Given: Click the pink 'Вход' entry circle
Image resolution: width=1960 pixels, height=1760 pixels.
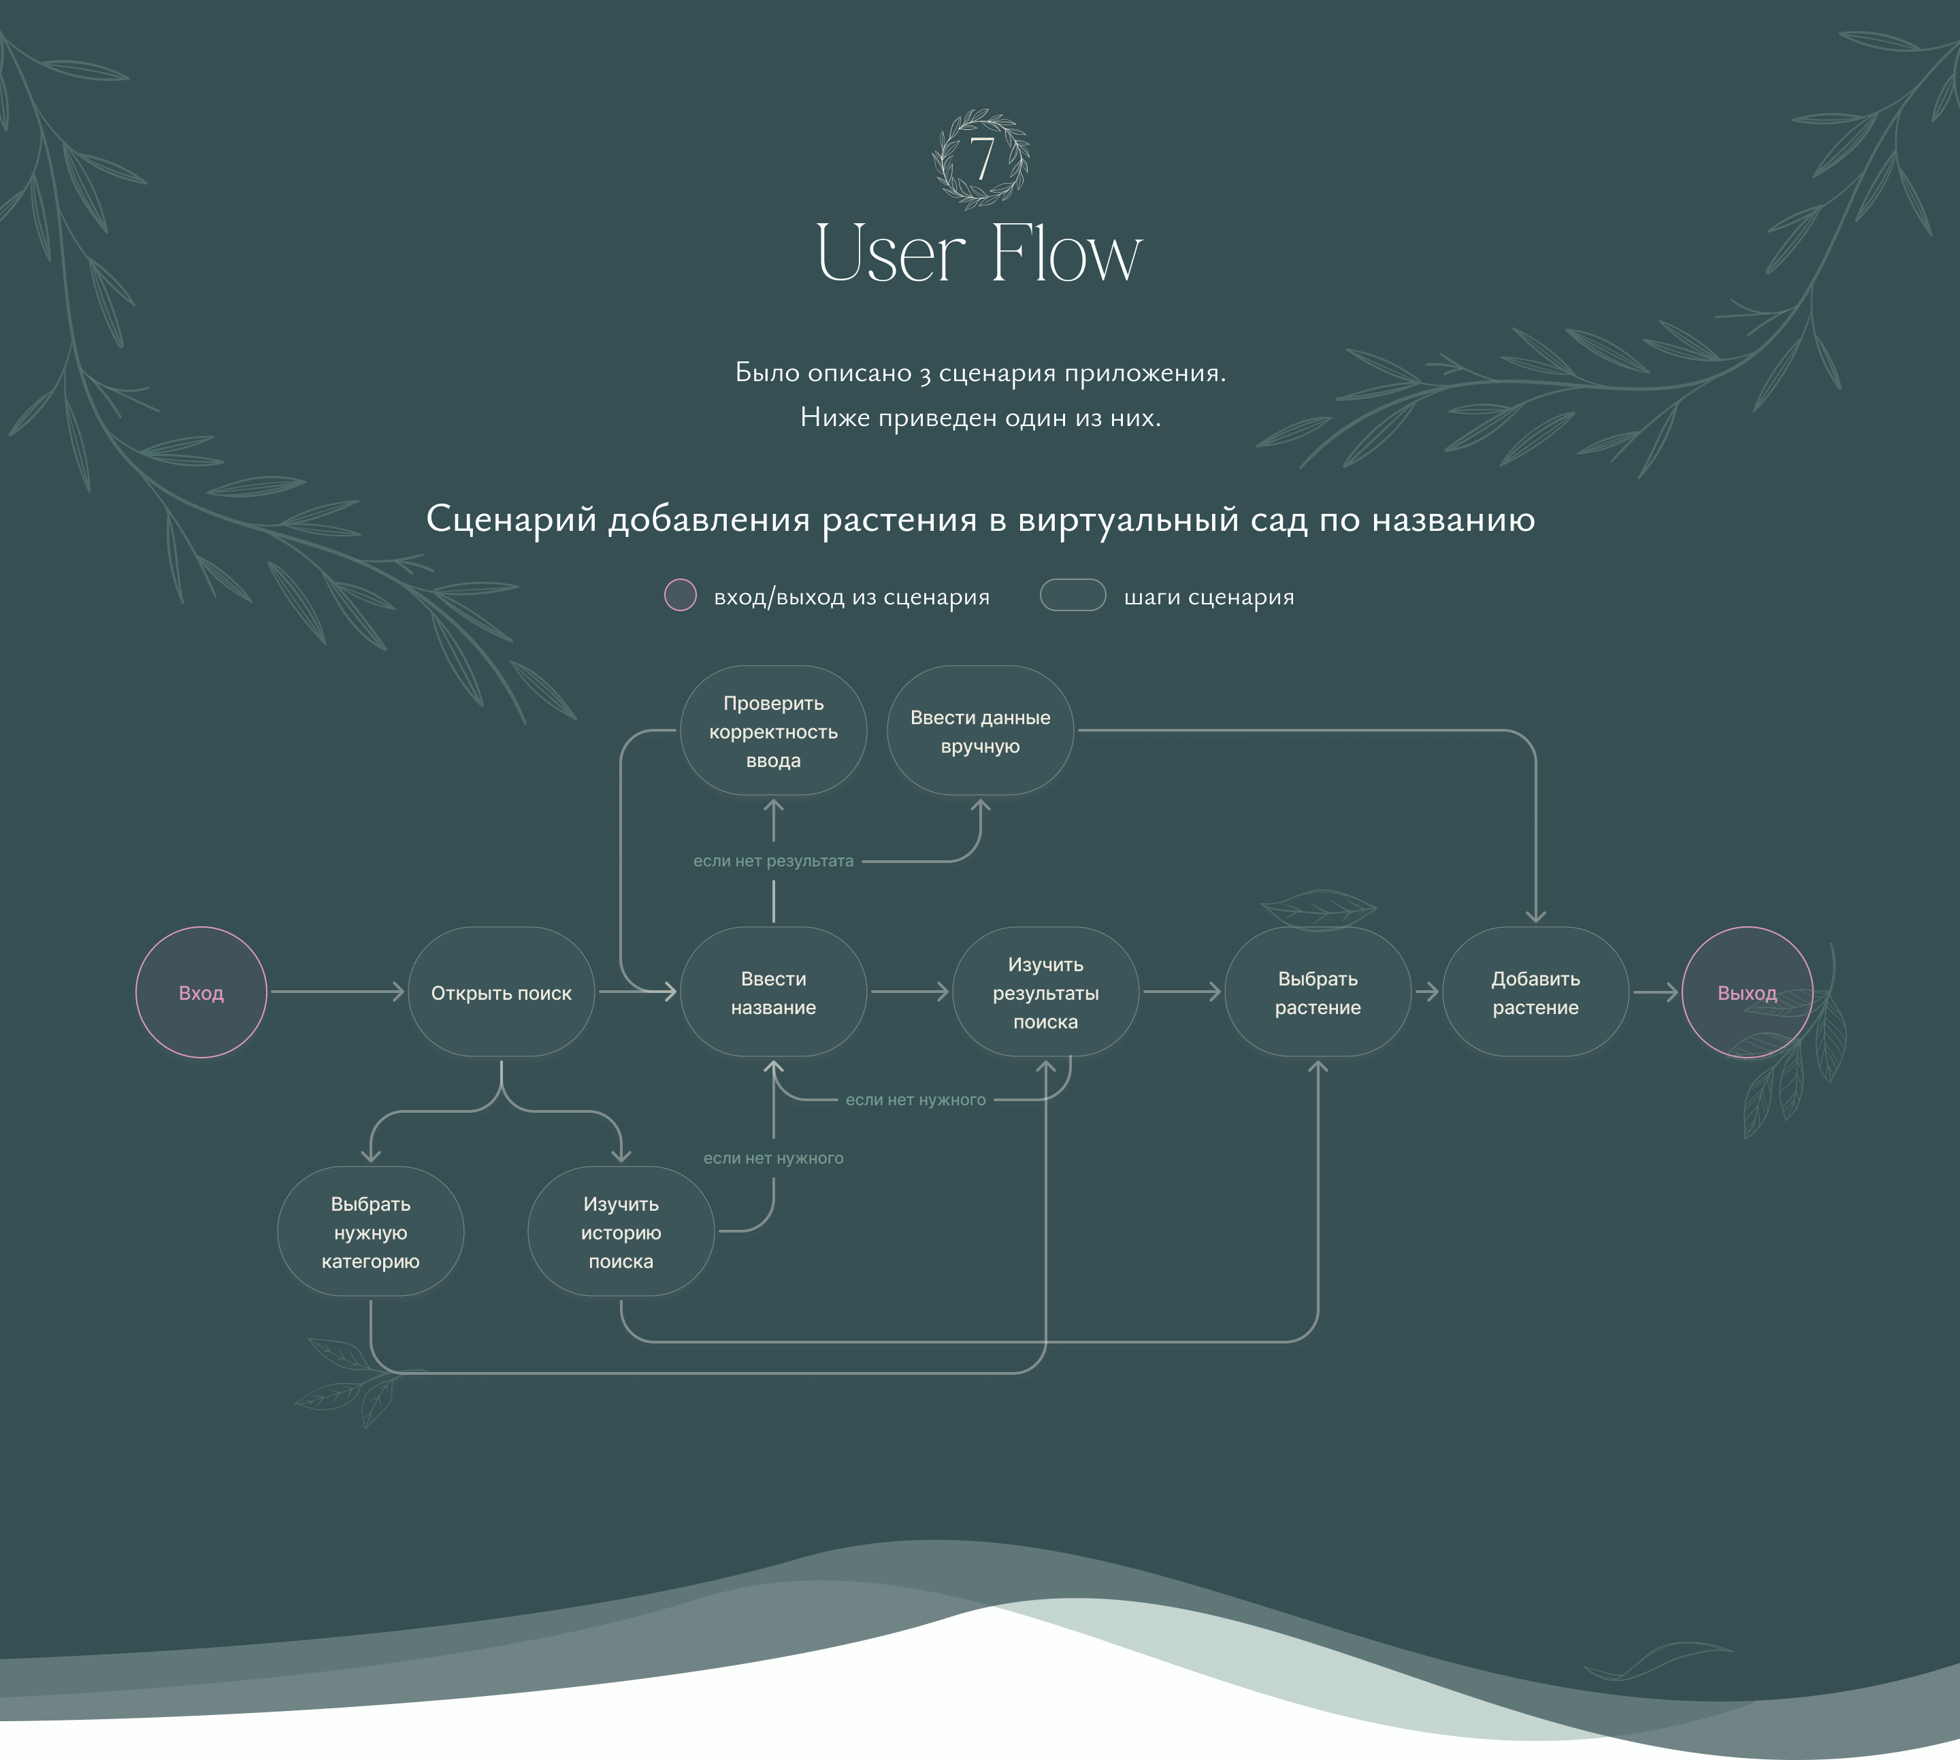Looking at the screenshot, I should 201,992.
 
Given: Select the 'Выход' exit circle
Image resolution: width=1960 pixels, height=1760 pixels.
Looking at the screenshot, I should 1746,992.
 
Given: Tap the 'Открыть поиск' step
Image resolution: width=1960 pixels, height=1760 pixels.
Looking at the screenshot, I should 501,992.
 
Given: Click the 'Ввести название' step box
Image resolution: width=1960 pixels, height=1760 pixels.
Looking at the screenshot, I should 774,992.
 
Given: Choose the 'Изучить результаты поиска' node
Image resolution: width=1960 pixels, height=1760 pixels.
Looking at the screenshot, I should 1045,992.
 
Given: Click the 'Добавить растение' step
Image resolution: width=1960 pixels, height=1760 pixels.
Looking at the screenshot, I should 1535,992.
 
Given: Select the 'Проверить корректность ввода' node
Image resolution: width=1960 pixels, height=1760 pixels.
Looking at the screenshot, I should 774,731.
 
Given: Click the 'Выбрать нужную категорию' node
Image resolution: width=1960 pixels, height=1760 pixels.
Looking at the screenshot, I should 370,1231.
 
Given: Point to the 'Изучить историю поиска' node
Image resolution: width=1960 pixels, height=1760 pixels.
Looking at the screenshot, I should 621,1231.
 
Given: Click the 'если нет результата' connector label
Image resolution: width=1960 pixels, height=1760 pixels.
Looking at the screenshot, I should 774,861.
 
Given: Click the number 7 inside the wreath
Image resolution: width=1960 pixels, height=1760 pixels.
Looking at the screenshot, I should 981,159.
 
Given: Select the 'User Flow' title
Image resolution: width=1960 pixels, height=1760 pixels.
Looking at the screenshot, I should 979,253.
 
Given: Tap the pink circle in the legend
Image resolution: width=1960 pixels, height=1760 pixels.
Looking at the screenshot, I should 680,595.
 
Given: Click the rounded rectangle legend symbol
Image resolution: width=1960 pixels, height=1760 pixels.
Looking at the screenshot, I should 1073,595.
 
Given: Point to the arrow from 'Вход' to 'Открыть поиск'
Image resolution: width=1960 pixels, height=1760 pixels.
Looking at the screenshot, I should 336,992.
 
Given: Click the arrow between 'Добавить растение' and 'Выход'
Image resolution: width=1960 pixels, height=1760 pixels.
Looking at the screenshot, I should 1655,992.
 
